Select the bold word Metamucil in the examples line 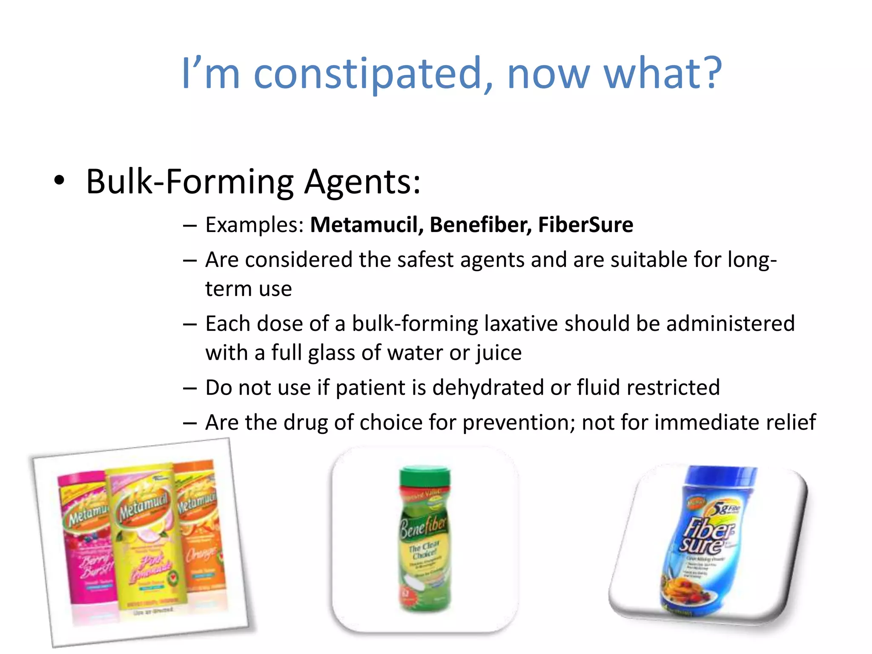(x=367, y=225)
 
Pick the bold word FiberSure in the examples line (x=585, y=225)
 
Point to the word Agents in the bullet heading (x=362, y=182)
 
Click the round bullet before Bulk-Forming (x=60, y=181)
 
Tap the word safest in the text (x=425, y=260)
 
